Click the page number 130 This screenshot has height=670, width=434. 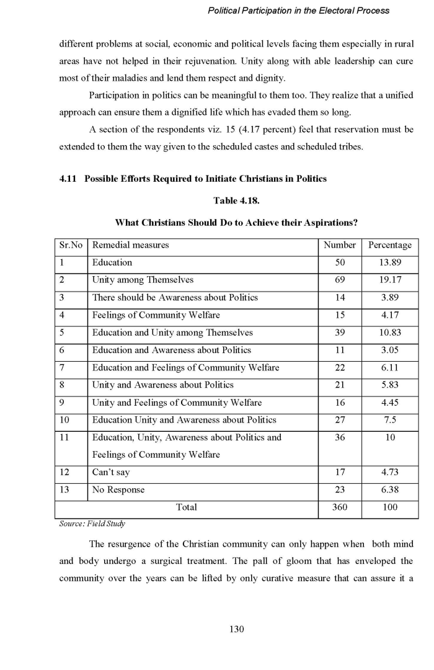click(x=236, y=629)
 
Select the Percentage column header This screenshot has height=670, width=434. click(x=389, y=245)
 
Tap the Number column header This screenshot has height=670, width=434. click(x=340, y=245)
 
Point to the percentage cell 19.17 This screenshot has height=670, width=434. click(x=389, y=280)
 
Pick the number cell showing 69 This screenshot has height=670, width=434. click(x=340, y=280)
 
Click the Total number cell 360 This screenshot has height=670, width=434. click(x=340, y=507)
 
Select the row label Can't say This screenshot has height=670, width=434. click(x=111, y=473)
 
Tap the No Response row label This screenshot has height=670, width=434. click(x=118, y=490)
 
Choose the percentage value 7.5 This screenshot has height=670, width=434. click(x=389, y=420)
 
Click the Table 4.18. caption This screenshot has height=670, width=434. click(x=236, y=201)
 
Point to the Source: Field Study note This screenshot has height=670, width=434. click(x=92, y=524)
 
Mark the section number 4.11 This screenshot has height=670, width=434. click(x=68, y=179)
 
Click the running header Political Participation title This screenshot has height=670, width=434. click(x=298, y=11)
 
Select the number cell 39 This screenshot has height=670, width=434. click(x=340, y=333)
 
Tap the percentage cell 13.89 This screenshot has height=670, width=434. click(x=389, y=262)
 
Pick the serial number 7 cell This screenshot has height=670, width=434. click(x=62, y=367)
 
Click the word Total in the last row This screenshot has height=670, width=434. click(x=187, y=507)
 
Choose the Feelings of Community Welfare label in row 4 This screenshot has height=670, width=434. click(x=156, y=315)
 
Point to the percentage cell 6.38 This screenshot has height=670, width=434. click(x=389, y=490)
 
